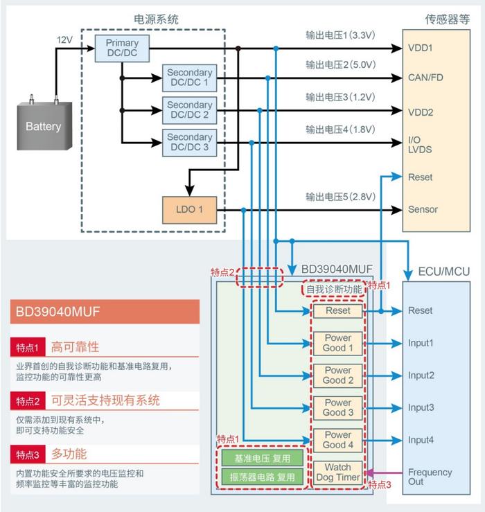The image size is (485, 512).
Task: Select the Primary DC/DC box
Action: [x=122, y=48]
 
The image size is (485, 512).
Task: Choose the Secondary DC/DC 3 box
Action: [x=189, y=143]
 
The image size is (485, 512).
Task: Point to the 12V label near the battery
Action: [x=64, y=41]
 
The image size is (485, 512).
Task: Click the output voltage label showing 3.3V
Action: [x=340, y=34]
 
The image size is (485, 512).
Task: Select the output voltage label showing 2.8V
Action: [x=340, y=196]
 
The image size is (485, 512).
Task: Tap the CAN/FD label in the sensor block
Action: [x=425, y=78]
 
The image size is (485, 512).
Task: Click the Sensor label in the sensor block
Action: [x=423, y=209]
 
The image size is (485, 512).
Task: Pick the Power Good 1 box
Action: [x=337, y=343]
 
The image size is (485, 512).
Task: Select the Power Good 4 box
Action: [x=337, y=439]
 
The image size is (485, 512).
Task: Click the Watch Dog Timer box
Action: [x=337, y=472]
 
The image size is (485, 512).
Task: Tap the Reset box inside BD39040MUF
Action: [x=337, y=311]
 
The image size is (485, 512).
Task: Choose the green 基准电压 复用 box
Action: [x=263, y=459]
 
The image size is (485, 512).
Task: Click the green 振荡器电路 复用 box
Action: [x=263, y=477]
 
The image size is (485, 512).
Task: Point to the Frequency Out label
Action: [x=430, y=477]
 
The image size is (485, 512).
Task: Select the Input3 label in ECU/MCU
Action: [x=421, y=407]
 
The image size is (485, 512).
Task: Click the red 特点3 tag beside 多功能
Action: [x=28, y=455]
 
